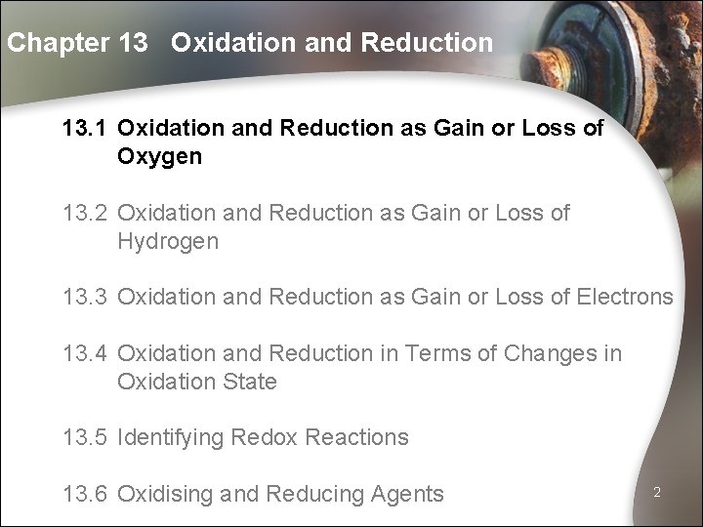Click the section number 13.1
(85, 129)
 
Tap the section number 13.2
(85, 213)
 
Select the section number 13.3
(85, 297)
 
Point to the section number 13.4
(85, 352)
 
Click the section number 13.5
(85, 436)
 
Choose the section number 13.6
(85, 494)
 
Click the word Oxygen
(160, 157)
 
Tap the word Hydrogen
(168, 241)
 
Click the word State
(250, 381)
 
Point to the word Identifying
(169, 436)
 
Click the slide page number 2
(658, 493)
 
